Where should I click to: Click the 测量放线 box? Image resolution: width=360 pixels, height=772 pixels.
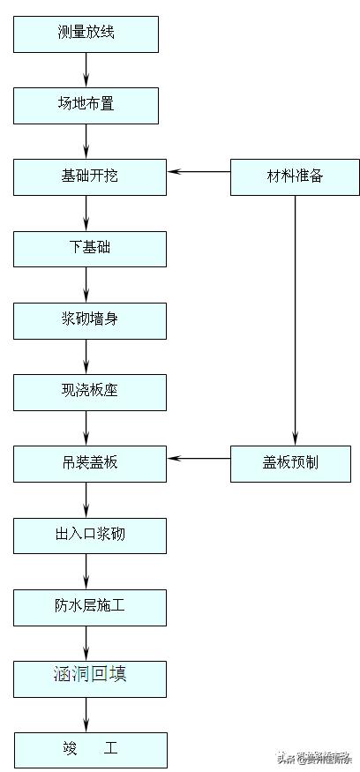coord(86,34)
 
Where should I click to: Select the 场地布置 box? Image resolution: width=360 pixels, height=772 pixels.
coord(86,105)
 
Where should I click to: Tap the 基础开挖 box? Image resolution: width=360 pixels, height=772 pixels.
coord(90,176)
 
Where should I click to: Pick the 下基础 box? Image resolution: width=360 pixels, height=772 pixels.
coord(90,248)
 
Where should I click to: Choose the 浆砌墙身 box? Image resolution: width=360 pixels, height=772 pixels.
coord(90,320)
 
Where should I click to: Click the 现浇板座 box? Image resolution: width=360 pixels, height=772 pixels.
coord(90,392)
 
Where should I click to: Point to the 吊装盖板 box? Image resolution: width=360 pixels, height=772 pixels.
coord(90,463)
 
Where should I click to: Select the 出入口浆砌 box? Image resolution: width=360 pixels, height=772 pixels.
coord(90,535)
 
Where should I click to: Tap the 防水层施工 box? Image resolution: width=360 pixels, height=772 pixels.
coord(90,606)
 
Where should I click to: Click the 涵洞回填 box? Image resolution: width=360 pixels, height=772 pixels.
coord(90,677)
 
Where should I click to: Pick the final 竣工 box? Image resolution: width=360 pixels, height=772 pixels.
coord(90,749)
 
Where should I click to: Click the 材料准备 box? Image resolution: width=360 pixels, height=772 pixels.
coord(295,176)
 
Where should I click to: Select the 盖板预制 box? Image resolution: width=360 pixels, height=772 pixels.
coord(295,463)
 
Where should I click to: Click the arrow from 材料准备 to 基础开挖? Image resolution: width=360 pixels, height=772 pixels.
coord(199,171)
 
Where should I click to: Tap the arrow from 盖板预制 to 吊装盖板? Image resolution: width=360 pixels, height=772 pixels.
coord(199,458)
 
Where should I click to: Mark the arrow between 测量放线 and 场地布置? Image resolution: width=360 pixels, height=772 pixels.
coord(86,69)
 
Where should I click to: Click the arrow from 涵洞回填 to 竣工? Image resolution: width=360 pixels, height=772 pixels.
coord(86,713)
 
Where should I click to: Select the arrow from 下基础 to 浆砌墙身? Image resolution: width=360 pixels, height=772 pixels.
coord(86,284)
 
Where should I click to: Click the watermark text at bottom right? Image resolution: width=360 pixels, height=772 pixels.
coord(313,757)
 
